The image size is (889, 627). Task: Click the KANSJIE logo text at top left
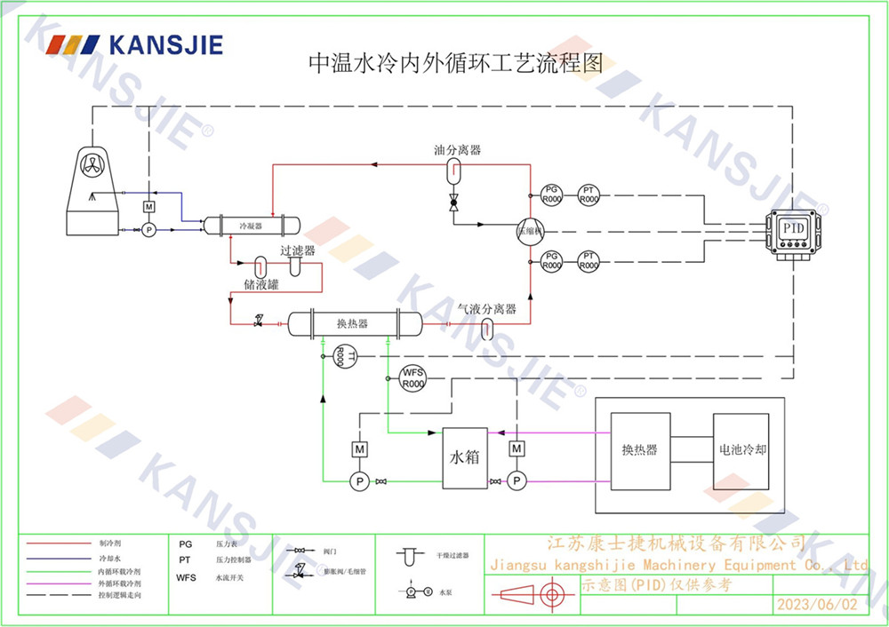(x=164, y=44)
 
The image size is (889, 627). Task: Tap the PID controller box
(x=793, y=231)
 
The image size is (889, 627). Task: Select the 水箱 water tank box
(x=465, y=457)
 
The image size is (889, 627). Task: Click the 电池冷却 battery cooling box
(x=741, y=450)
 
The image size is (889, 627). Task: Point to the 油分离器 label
(x=457, y=150)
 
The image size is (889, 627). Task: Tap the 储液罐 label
(x=261, y=284)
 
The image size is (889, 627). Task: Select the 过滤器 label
(x=297, y=250)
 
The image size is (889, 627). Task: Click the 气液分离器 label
(x=486, y=309)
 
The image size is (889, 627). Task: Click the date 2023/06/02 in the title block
(x=817, y=605)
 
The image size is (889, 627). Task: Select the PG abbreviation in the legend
(x=185, y=544)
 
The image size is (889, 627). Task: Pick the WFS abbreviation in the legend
(x=186, y=577)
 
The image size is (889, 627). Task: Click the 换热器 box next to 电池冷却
(x=639, y=450)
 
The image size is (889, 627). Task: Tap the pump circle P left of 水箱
(x=360, y=480)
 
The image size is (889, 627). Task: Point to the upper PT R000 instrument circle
(x=589, y=194)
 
